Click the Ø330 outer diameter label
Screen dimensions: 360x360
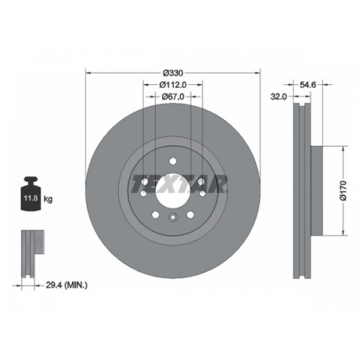173,73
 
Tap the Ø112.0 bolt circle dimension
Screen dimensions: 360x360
173,84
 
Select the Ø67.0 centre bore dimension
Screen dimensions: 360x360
173,96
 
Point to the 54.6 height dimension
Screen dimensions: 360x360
308,84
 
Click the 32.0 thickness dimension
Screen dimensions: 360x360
279,96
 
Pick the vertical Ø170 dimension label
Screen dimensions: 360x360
343,191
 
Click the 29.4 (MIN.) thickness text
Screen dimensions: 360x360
66,285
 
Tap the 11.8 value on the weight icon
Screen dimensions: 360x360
31,199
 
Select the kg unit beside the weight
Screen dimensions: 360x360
48,199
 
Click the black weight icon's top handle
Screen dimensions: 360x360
31,180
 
